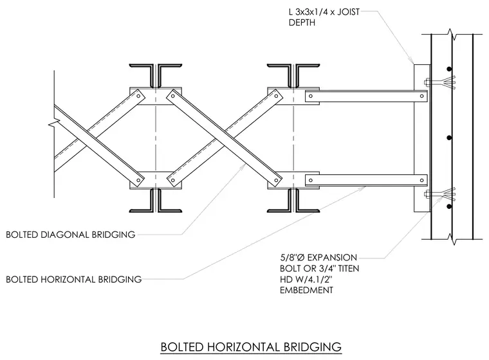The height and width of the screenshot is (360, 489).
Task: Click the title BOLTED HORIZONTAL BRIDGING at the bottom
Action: pos(251,347)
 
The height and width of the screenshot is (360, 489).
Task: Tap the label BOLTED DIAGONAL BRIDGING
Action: pos(71,235)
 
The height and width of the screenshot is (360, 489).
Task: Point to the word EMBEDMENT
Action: pos(306,290)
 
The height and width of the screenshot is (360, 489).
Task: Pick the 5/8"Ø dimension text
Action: pos(292,257)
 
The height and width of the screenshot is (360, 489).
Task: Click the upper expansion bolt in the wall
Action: pos(439,82)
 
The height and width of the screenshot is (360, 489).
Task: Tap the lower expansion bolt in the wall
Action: pos(439,194)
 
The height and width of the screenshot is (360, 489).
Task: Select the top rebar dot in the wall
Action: pos(449,69)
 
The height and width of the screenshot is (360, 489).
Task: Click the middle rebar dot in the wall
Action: pos(449,138)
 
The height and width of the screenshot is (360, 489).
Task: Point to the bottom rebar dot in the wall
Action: pos(449,206)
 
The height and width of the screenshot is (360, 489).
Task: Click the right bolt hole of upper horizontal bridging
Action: pos(421,96)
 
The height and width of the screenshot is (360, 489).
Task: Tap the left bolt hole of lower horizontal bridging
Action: pos(310,180)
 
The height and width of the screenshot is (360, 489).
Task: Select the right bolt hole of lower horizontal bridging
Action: pos(421,180)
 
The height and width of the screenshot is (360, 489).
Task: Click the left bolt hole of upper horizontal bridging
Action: pos(310,96)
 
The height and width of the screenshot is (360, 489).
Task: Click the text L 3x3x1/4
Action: pos(312,12)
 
